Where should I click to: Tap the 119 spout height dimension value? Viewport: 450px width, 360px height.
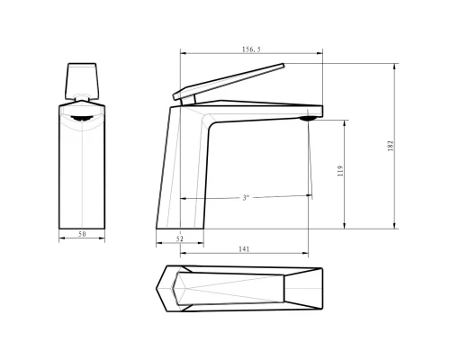(x=340, y=171)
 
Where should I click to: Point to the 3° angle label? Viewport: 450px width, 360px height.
(x=246, y=197)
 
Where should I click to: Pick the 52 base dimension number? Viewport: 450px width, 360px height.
(x=180, y=238)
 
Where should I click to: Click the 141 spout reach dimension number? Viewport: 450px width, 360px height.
(x=244, y=248)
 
